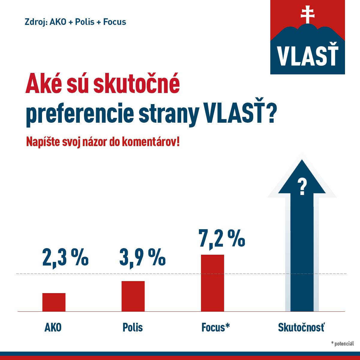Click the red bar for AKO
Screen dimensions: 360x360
54,302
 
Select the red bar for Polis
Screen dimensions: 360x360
133,296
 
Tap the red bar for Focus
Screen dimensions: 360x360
212,283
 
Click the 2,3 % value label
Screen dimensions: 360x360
65,257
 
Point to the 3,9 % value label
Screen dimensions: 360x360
142,257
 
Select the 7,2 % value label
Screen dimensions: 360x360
222,239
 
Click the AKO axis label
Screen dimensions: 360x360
53,327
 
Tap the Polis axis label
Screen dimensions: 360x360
133,327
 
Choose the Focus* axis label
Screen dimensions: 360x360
215,327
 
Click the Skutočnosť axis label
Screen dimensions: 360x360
301,327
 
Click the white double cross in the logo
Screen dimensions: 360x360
307,14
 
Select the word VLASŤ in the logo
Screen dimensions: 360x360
307,56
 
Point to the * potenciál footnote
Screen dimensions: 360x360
342,344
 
